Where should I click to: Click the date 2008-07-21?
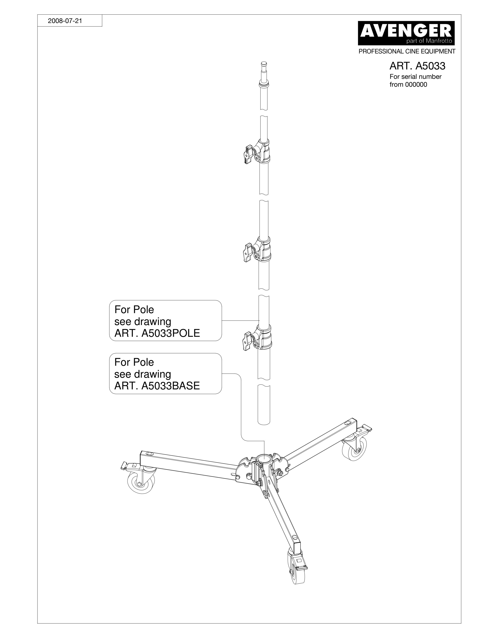pyautogui.click(x=65, y=21)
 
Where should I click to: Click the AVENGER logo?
pyautogui.click(x=406, y=33)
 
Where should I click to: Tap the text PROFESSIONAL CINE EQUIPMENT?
pyautogui.click(x=407, y=52)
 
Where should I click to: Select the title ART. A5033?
pyautogui.click(x=417, y=66)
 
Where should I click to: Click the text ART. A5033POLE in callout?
pyautogui.click(x=157, y=333)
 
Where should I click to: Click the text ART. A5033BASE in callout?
pyautogui.click(x=157, y=386)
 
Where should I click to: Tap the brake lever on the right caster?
pyautogui.click(x=367, y=428)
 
